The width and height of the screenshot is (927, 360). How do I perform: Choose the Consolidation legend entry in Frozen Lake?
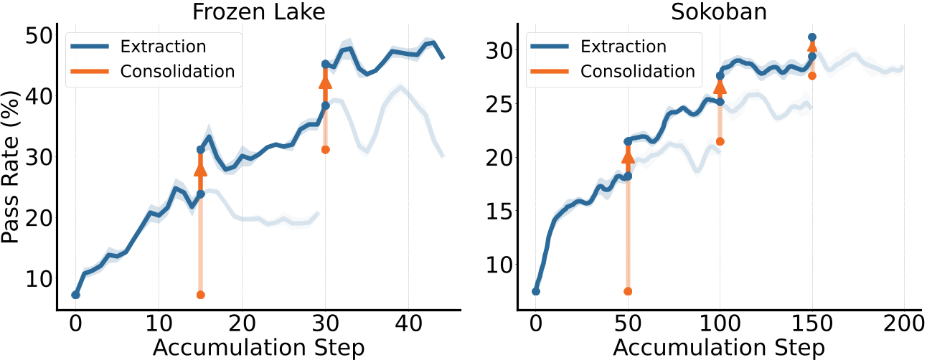point(177,71)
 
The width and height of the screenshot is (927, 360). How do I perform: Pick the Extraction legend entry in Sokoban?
point(624,47)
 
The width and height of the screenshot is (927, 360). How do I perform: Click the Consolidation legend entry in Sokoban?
point(637,71)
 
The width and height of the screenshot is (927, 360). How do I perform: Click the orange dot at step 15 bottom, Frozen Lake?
point(200,295)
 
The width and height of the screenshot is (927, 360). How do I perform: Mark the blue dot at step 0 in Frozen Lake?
point(75,295)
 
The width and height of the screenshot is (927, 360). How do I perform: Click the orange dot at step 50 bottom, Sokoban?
point(628,291)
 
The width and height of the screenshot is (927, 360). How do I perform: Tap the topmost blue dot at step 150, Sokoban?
point(812,37)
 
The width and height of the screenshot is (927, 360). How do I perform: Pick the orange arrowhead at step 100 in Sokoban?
point(720,87)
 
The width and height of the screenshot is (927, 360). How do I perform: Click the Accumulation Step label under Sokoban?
point(718,348)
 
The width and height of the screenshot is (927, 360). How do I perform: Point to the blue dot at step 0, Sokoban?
point(535,291)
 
